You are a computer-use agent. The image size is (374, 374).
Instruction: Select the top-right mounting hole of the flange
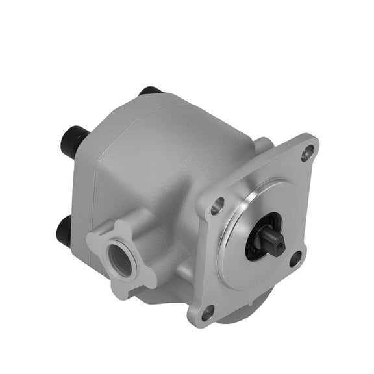coord(306,153)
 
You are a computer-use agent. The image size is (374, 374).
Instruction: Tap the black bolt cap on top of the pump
coord(151,91)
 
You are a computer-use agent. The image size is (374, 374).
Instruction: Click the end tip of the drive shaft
coord(280,242)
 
